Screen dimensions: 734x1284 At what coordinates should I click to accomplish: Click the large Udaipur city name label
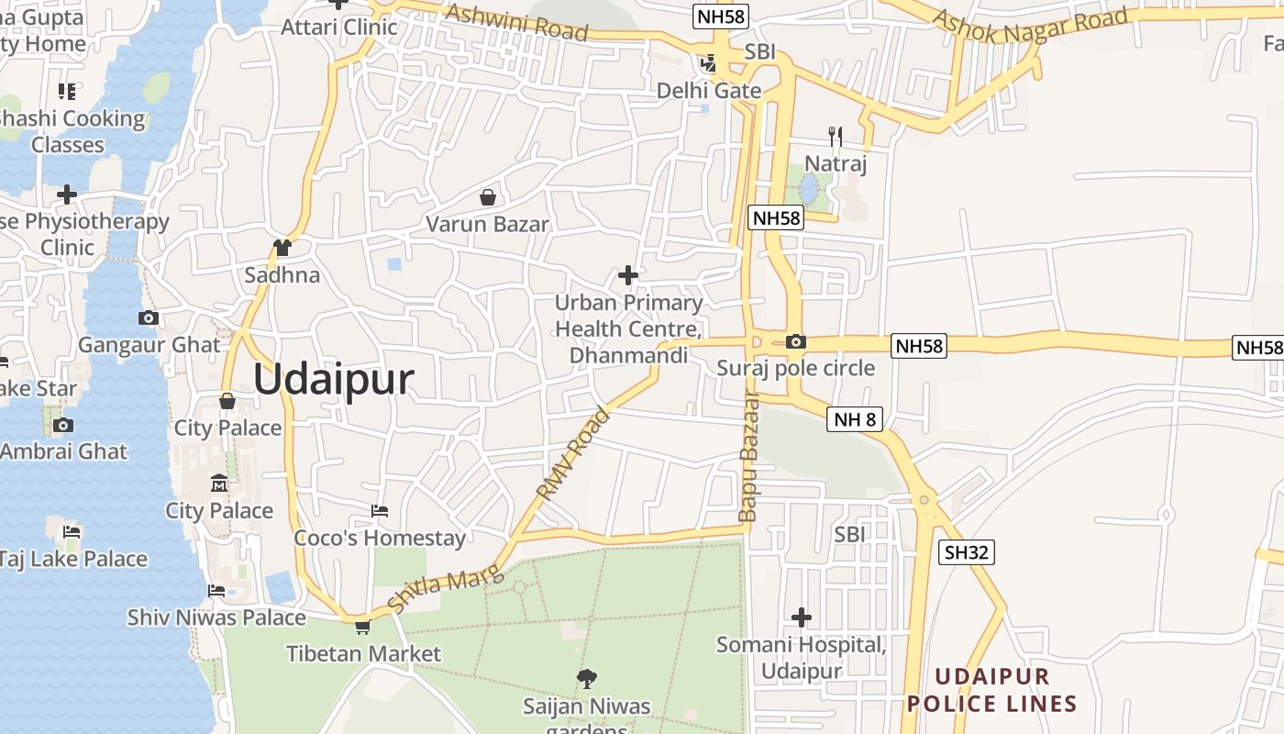(333, 379)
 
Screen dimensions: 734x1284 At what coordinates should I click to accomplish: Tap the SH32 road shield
(967, 551)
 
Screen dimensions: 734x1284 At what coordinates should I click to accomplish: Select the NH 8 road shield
(855, 420)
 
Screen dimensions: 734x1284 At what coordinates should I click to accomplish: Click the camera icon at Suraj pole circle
(796, 342)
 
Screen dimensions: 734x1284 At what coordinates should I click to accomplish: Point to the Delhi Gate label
(709, 91)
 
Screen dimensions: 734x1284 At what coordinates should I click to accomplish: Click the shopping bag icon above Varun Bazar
(488, 197)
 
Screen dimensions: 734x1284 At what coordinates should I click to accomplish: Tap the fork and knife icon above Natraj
(836, 137)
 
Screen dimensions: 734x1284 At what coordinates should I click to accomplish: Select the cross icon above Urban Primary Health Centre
(628, 274)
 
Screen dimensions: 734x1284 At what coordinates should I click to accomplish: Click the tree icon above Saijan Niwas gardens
(587, 679)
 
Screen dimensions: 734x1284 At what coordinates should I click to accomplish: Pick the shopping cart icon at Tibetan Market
(363, 628)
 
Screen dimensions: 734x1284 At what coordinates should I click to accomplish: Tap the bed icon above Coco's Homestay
(380, 510)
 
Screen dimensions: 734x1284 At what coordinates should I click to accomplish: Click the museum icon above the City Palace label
(219, 483)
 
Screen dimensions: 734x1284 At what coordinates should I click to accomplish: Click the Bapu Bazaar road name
(749, 457)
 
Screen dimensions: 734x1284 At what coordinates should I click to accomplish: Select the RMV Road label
(573, 455)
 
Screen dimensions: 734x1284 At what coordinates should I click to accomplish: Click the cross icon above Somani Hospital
(802, 617)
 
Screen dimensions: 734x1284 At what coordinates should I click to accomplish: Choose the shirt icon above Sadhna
(282, 248)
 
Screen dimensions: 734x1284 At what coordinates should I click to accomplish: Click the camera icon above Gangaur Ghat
(148, 318)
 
